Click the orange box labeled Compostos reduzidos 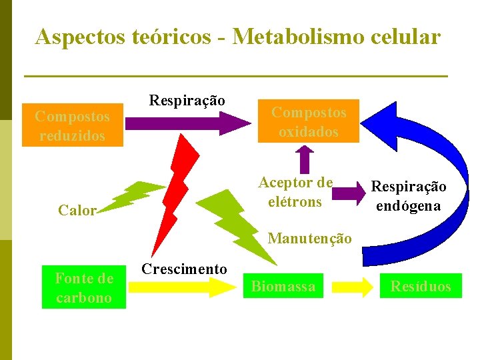(73, 125)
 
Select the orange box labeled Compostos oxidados (308, 121)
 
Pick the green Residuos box (421, 287)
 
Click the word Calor (77, 211)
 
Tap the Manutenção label (309, 238)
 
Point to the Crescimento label (185, 269)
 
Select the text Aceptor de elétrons (295, 192)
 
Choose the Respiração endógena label (409, 197)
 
